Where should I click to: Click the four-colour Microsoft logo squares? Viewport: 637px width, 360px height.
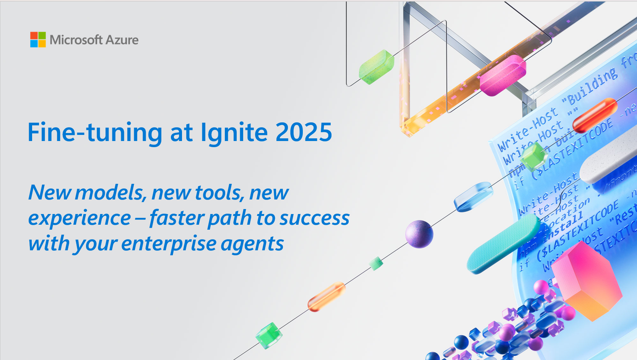coord(38,40)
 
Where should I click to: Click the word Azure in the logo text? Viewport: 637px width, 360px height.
coord(122,40)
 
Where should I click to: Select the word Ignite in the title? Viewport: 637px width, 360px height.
coord(234,133)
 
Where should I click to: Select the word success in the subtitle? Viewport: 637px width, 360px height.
coord(314,218)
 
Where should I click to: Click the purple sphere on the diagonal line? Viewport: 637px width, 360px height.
coord(419,234)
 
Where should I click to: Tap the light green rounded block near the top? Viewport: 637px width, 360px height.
coord(376,67)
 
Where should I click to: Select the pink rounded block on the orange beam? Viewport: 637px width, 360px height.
coord(503,75)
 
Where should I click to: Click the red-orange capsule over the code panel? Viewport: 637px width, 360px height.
coord(595,114)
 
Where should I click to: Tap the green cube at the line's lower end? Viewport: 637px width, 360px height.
coord(269,335)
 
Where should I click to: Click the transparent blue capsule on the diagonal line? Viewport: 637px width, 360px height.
coord(473,196)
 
